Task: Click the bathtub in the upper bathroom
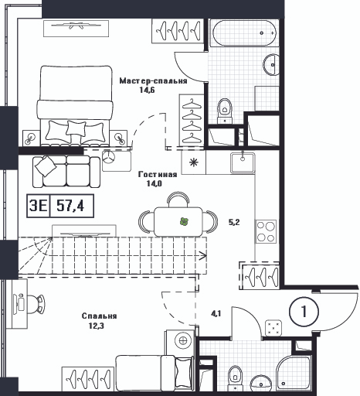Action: coord(244,33)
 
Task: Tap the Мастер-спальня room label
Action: coord(153,81)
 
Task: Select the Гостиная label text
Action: coord(158,175)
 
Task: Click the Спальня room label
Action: coord(99,316)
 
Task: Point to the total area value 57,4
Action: coord(70,206)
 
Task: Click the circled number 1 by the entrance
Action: coord(304,311)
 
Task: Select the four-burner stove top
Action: coord(266,231)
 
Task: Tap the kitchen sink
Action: coord(243,163)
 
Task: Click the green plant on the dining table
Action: coord(184,221)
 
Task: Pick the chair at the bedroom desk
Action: coord(35,304)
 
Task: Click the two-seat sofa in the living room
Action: coord(66,172)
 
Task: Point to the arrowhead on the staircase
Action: coord(203,255)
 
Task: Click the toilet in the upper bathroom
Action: coord(225,111)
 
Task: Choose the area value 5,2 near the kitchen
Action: coord(234,222)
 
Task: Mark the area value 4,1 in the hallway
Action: coord(216,314)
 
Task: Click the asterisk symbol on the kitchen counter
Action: coord(194,162)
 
